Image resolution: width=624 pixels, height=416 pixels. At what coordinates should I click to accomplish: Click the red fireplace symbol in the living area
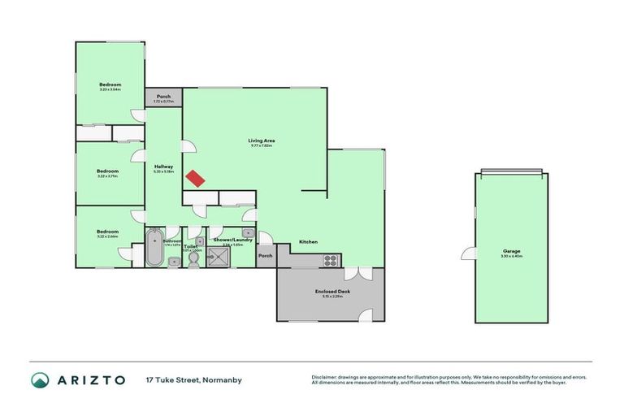pos(193,179)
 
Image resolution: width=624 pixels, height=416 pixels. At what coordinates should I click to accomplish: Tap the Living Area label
pos(262,141)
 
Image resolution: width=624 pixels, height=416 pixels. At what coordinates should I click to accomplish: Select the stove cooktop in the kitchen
pos(331,260)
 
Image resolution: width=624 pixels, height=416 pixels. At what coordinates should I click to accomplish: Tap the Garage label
pos(511,251)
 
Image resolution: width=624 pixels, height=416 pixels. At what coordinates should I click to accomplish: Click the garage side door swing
pos(469,253)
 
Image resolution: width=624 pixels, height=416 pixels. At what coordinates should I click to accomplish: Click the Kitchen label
pos(307,242)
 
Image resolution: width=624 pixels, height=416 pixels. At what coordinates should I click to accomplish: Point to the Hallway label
pos(163,167)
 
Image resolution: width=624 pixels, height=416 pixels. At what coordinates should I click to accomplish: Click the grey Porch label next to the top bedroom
pos(163,97)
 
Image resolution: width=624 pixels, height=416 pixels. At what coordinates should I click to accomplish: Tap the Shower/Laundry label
pos(232,240)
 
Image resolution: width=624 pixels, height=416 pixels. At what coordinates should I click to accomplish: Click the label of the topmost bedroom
pos(110,84)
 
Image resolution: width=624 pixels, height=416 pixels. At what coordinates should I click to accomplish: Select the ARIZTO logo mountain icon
pos(40,379)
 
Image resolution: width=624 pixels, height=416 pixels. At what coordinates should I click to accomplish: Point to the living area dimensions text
pos(262,146)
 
